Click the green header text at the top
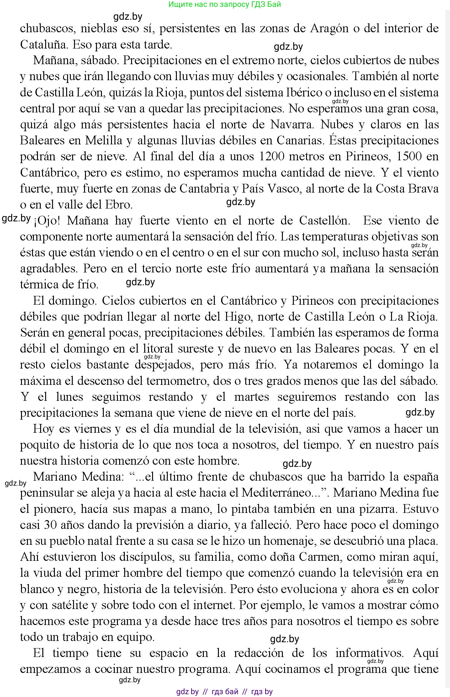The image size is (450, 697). [225, 4]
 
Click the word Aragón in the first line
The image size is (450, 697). [330, 28]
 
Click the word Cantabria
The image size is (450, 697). [204, 189]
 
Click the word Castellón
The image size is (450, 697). [324, 221]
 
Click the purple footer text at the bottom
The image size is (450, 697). [225, 691]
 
